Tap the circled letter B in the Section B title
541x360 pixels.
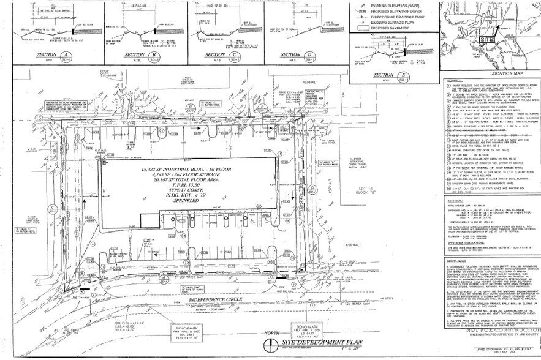tap(157, 54)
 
